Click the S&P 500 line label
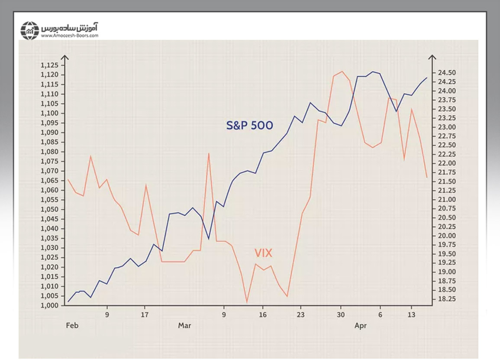pos(249,126)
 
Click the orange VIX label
pos(263,253)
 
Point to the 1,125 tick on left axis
pos(49,65)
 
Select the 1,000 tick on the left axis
pos(49,306)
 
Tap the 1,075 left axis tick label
pos(49,162)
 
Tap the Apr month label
pos(361,325)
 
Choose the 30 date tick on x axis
pos(341,315)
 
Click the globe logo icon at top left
pos(30,30)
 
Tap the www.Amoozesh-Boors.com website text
pos(70,36)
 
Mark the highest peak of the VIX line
pos(342,71)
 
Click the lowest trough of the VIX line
pos(247,302)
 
